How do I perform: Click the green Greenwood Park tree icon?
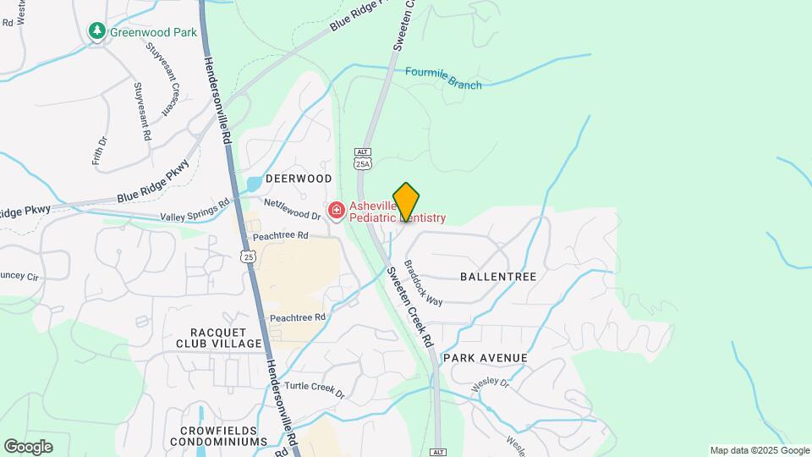point(97,32)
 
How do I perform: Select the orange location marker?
point(406,202)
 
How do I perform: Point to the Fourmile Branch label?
point(443,78)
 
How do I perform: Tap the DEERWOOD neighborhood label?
point(299,179)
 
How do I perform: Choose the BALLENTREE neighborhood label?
point(498,277)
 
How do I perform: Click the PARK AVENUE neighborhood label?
point(486,358)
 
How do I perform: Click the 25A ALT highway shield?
point(363,159)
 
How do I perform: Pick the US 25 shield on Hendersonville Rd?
point(247,256)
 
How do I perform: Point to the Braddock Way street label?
point(423,283)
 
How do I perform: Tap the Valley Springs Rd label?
point(201,209)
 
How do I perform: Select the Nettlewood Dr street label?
point(293,210)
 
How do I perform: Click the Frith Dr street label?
point(98,151)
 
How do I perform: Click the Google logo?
point(28,447)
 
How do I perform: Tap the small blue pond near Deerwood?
point(254,183)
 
